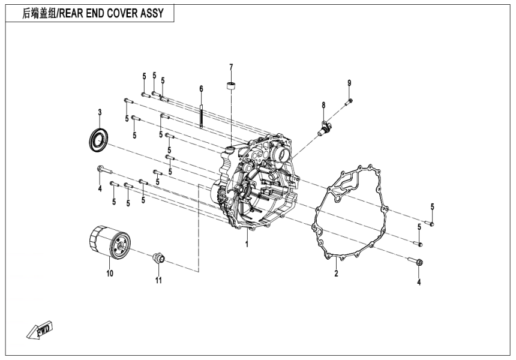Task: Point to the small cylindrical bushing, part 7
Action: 230,85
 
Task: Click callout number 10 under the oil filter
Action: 109,274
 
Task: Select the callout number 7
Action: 230,66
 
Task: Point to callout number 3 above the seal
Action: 100,112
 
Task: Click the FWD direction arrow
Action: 42,330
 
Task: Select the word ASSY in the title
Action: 152,13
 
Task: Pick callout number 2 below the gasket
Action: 336,274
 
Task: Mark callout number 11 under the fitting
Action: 158,280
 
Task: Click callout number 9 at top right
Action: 349,82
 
